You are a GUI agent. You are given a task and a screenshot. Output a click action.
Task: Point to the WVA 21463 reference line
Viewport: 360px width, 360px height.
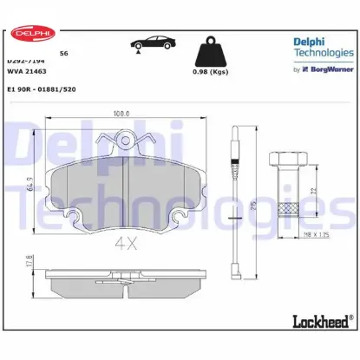coord(26,74)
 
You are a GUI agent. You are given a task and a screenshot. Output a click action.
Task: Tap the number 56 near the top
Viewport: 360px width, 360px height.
coord(63,54)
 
